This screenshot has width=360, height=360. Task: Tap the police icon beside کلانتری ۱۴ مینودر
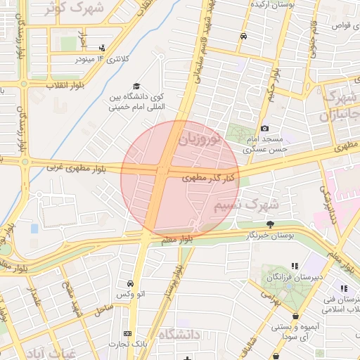[103, 48]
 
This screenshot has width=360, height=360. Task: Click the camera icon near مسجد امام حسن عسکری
[264, 128]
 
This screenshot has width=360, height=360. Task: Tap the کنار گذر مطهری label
[208, 178]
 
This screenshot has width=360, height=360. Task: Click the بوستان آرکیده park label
[276, 4]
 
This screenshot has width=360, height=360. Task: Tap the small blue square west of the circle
[34, 229]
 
